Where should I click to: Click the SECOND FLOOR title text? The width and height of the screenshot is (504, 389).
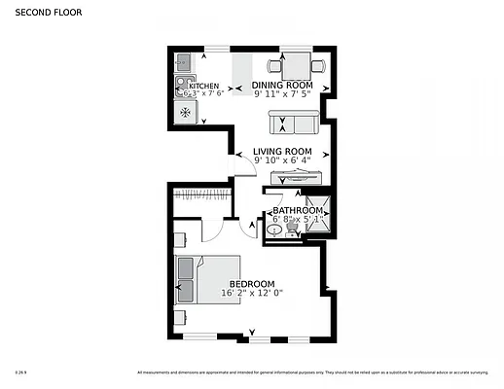click(x=48, y=14)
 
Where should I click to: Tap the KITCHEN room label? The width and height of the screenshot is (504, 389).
click(x=203, y=86)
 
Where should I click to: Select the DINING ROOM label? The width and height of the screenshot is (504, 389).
click(x=282, y=86)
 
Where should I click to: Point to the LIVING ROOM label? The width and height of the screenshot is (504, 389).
click(x=282, y=152)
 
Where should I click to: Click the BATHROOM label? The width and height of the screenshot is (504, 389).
click(x=297, y=210)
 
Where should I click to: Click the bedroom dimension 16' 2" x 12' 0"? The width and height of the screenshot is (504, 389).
click(x=251, y=293)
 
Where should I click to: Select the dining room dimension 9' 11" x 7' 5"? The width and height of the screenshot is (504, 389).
click(x=282, y=94)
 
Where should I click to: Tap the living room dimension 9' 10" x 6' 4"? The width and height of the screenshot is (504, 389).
click(x=282, y=160)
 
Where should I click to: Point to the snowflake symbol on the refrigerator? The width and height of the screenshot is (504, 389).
click(x=183, y=112)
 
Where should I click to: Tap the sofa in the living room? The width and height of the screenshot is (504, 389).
click(x=294, y=124)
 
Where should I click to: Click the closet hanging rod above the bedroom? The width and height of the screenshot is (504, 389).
click(x=201, y=196)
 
